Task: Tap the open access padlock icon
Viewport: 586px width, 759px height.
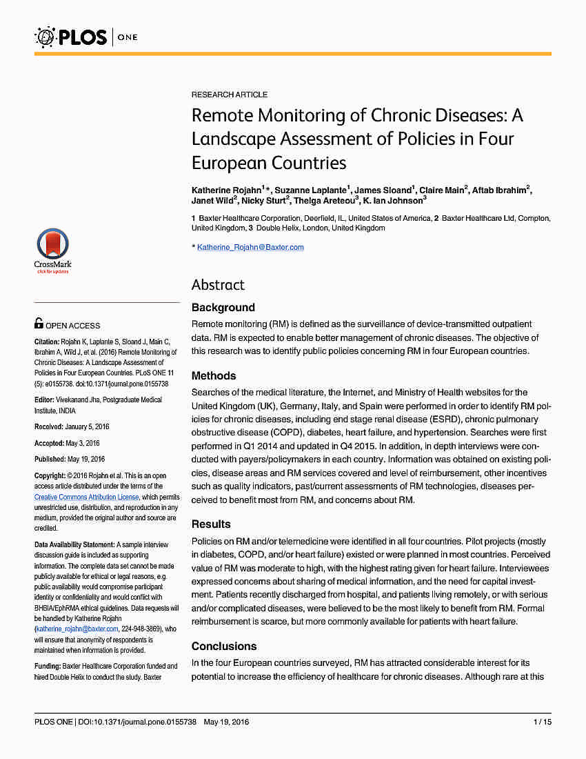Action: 39,323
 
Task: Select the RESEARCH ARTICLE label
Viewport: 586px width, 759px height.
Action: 229,95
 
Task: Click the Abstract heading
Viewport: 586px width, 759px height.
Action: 218,285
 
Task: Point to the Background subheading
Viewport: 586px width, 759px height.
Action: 223,308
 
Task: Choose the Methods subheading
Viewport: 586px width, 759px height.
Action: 214,376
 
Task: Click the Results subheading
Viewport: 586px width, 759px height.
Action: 211,524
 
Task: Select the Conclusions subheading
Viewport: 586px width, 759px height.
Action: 224,647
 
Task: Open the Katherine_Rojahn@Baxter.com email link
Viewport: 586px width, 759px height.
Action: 250,247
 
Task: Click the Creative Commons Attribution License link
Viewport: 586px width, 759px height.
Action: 87,497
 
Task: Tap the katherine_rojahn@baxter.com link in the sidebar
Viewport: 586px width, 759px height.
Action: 77,629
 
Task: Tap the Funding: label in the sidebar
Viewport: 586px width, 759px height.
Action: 49,666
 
